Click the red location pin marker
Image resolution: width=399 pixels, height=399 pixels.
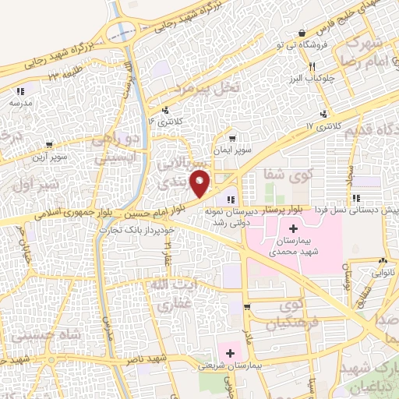201,183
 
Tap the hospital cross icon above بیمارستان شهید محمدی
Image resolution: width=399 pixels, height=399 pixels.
293,229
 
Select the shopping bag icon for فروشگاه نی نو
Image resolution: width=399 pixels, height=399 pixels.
302,33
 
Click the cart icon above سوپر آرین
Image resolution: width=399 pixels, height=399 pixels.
50,144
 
